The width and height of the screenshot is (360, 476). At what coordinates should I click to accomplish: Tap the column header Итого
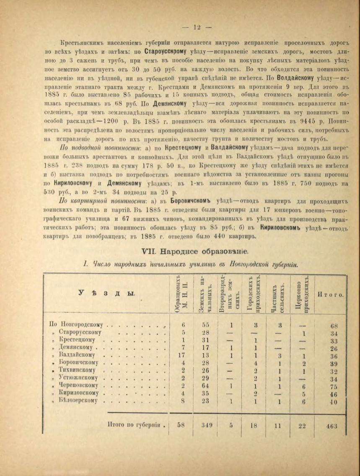click(331, 294)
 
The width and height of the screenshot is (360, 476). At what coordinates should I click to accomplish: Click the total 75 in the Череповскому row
click(334, 385)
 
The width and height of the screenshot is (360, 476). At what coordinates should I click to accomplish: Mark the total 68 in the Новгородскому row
click(334, 325)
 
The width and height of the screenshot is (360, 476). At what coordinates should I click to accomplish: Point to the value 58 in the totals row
click(181, 425)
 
